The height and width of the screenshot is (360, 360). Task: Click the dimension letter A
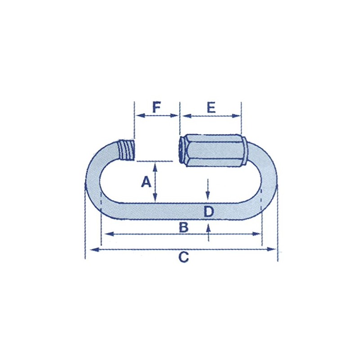click(145, 182)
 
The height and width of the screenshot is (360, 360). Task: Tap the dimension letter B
click(183, 227)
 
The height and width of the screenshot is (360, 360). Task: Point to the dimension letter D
click(208, 211)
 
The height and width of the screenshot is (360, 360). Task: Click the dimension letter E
click(211, 108)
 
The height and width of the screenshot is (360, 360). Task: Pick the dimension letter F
click(156, 108)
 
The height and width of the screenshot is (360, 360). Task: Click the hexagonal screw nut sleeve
click(211, 149)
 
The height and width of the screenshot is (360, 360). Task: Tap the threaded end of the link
click(127, 150)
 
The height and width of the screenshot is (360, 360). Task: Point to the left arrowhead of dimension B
click(106, 234)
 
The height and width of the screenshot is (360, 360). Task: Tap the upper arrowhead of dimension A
click(155, 166)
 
